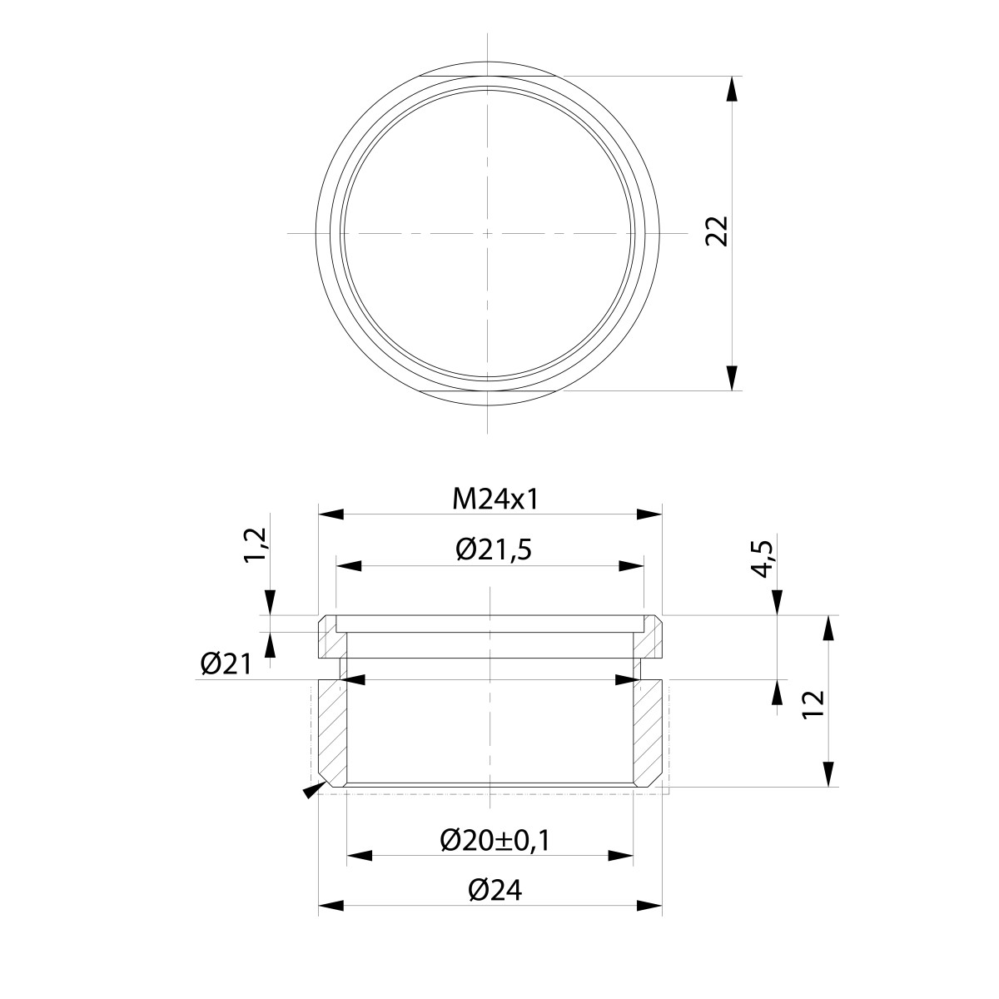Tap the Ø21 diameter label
[x=225, y=664]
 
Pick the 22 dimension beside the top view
[x=717, y=231]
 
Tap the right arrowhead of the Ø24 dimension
[x=650, y=906]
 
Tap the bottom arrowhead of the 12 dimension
[x=829, y=773]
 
